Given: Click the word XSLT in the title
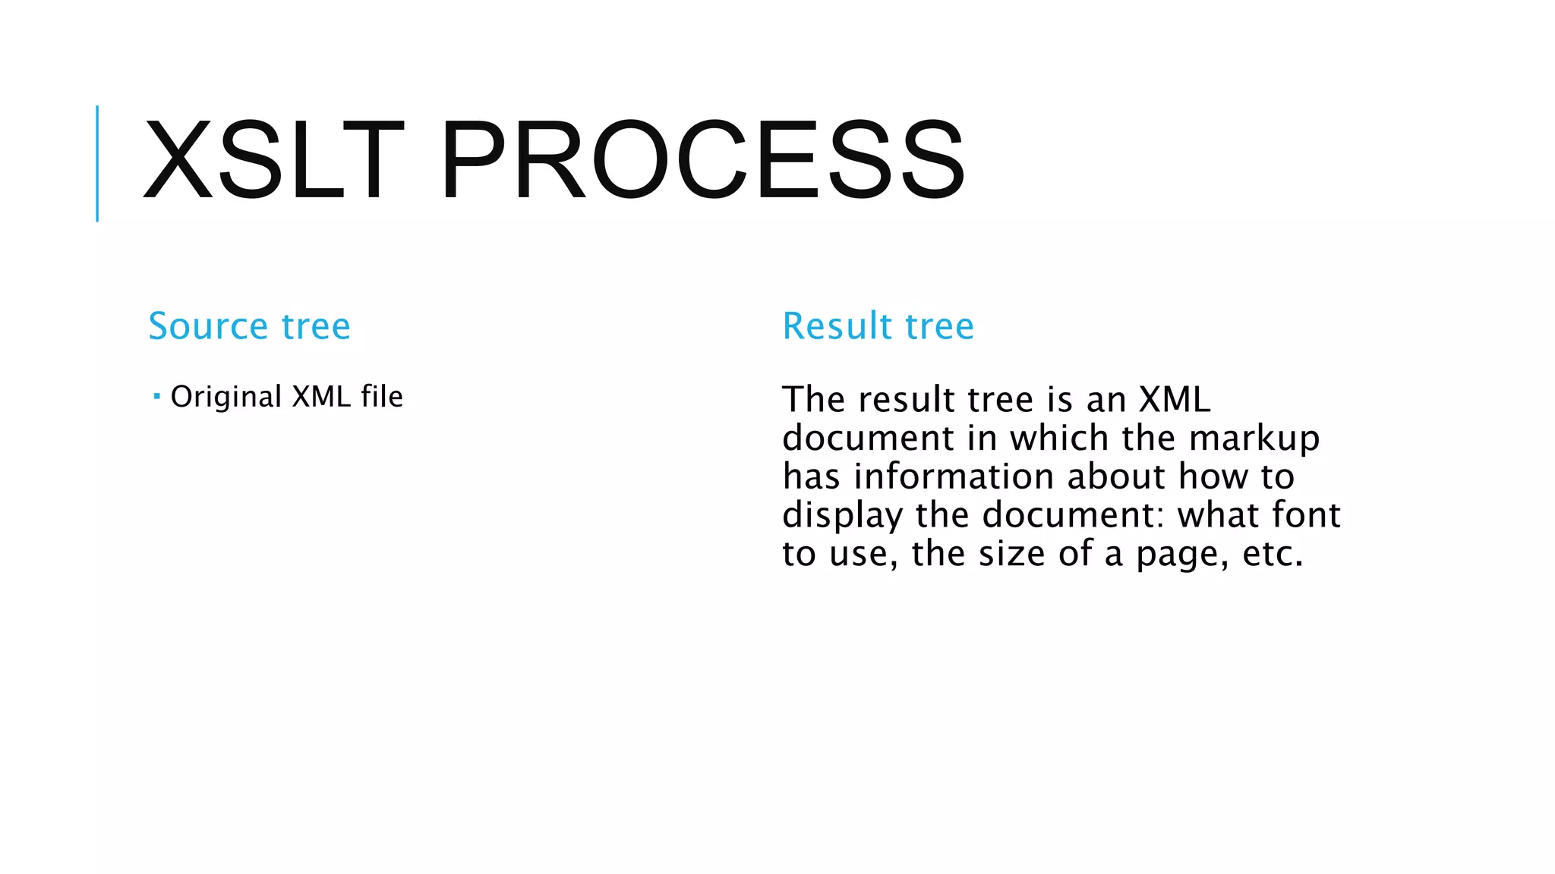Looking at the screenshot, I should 273,160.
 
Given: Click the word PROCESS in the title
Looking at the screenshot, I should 702,160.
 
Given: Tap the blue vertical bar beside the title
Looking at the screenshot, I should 97,163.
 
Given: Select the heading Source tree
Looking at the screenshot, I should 249,326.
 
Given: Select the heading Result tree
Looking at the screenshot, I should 878,326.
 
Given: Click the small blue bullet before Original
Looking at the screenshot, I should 156,396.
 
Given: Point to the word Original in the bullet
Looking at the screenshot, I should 226,397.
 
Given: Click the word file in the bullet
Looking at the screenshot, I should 382,396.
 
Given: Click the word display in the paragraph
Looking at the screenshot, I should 842,516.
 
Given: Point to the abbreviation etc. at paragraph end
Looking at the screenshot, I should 1273,554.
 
